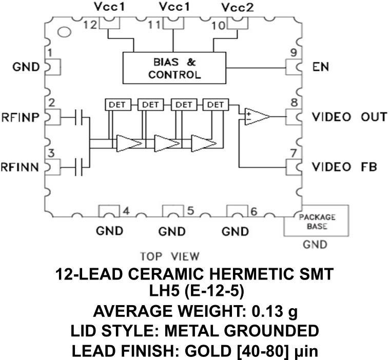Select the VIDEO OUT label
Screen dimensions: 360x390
[x=349, y=116]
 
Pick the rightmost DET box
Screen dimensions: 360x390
[x=215, y=104]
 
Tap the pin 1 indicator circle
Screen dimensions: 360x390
[x=64, y=33]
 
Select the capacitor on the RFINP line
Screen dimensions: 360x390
[x=80, y=117]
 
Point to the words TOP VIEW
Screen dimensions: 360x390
[x=170, y=256]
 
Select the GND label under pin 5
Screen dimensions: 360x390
[x=171, y=231]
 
